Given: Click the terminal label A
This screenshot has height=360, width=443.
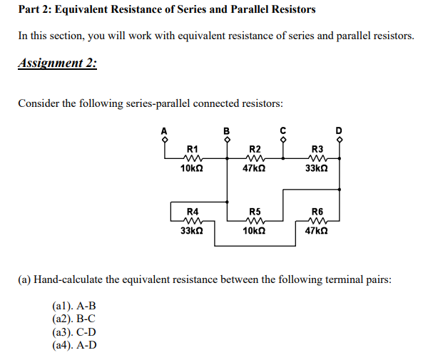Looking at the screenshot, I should click(x=164, y=130).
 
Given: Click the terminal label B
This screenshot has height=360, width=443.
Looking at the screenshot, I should click(x=227, y=130).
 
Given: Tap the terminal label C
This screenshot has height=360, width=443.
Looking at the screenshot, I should click(x=283, y=130).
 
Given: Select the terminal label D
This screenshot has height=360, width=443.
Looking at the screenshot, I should click(x=340, y=130).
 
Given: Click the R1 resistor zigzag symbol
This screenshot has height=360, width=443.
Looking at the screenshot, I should click(x=193, y=159).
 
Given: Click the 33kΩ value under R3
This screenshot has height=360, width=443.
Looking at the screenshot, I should click(x=317, y=169).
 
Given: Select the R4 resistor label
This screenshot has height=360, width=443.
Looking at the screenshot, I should click(x=193, y=212).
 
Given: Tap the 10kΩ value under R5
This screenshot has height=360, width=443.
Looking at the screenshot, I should click(x=255, y=231).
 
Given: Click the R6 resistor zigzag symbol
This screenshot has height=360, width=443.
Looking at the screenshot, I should click(x=317, y=221).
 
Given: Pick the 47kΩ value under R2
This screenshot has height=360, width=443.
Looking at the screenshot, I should click(x=255, y=169).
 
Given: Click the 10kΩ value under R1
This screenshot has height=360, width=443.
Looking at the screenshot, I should click(x=193, y=169).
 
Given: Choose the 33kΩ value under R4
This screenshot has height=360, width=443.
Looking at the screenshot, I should click(x=193, y=231).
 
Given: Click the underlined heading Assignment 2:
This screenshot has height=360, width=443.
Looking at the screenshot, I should click(x=57, y=63).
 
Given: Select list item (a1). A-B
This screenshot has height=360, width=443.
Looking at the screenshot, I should click(x=73, y=306).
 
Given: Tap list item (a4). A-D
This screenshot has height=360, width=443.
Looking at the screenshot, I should click(x=74, y=346).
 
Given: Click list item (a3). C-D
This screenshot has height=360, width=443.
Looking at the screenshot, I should click(x=74, y=332).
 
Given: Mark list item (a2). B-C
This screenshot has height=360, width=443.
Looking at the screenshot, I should click(x=73, y=319).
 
